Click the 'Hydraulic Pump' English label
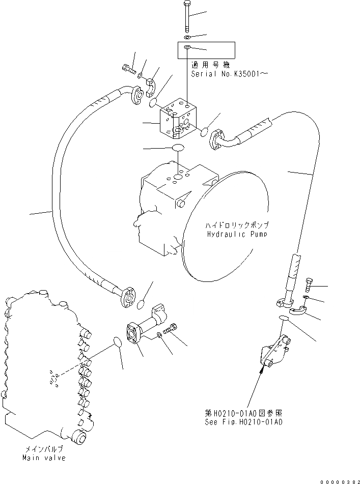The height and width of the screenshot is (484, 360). (x=237, y=234)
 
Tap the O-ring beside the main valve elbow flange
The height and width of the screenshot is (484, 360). (x=117, y=341)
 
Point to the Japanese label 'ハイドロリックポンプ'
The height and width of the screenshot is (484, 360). (x=237, y=225)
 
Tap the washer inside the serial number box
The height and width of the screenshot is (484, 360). (x=187, y=47)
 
